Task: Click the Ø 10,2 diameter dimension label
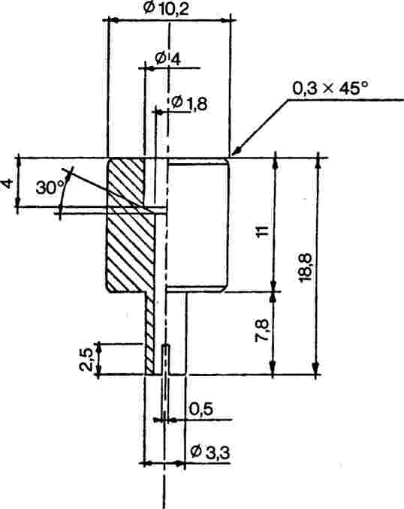[166, 9]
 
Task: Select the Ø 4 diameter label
[167, 59]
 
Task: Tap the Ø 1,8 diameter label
[189, 104]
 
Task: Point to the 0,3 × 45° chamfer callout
[330, 88]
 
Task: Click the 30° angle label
[50, 188]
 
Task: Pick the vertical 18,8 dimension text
[306, 267]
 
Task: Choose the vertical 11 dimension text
[262, 231]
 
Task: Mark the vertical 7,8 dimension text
[262, 330]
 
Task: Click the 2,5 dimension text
[86, 360]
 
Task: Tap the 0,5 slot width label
[201, 410]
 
